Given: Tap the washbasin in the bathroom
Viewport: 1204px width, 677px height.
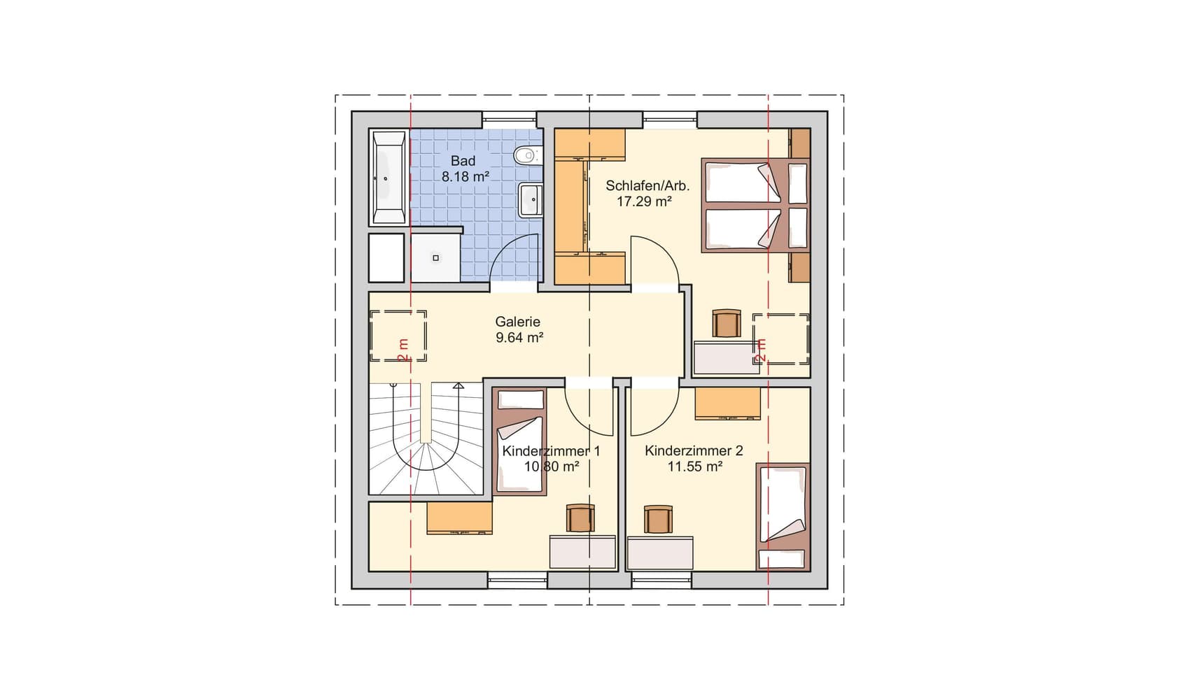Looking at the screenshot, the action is (531, 199).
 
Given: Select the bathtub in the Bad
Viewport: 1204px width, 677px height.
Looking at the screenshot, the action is (388, 178).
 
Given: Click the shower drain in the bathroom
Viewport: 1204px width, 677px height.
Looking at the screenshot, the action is (435, 258).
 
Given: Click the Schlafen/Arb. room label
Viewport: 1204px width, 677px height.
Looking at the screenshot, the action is (647, 185).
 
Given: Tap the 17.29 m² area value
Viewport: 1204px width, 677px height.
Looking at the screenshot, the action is (644, 201).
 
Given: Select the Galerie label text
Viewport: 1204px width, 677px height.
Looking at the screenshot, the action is (518, 322).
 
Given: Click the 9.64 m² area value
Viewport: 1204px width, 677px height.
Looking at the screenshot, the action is (520, 337).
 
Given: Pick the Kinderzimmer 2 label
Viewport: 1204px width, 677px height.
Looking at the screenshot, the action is (694, 450).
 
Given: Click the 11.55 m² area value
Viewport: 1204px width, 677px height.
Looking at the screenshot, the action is (694, 466).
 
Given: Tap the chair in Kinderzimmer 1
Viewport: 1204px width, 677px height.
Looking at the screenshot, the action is (580, 518).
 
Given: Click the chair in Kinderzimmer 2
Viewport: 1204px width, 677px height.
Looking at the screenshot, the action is (658, 519).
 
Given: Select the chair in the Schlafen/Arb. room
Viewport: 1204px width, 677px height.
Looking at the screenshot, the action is (727, 323).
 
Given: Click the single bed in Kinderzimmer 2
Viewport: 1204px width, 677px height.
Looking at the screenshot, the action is (783, 516).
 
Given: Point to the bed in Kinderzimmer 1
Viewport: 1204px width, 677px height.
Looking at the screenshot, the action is (519, 441).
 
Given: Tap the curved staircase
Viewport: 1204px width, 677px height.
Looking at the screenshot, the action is (426, 439).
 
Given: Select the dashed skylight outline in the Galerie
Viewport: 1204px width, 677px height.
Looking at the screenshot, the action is (398, 336).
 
